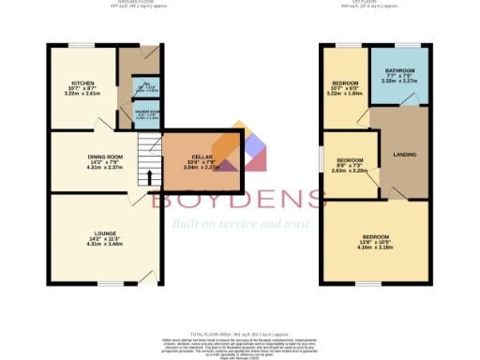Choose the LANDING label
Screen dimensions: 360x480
[x=404, y=155]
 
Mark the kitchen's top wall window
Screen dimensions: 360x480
[x=83, y=45]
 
